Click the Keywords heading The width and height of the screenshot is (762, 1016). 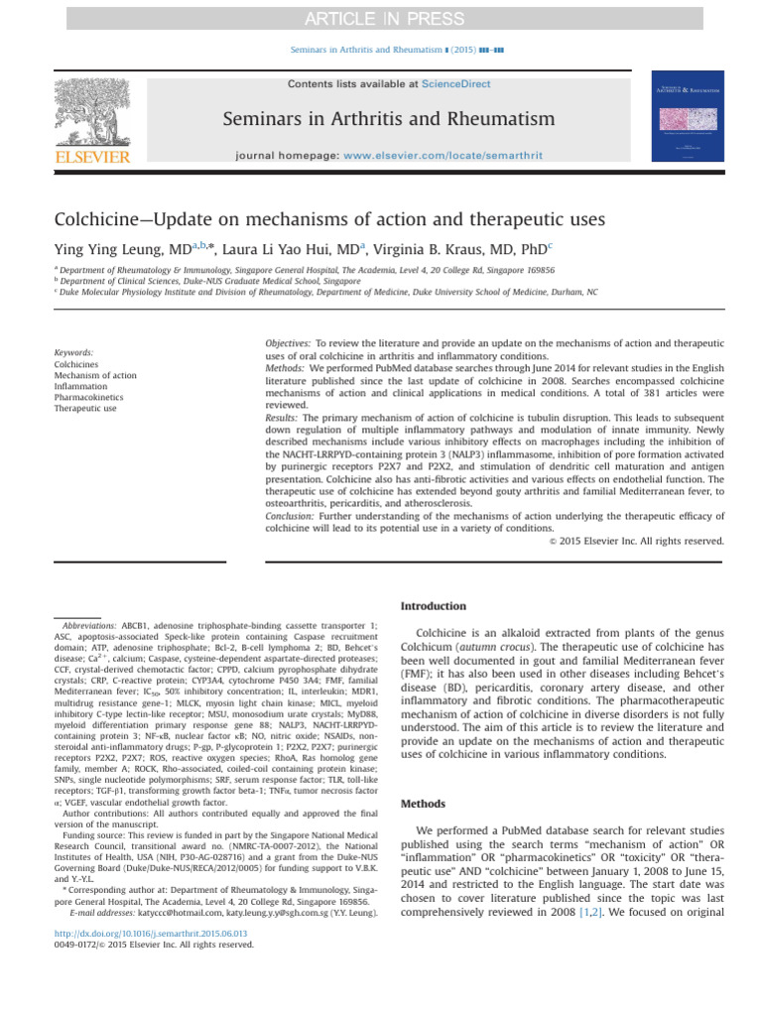[x=74, y=352]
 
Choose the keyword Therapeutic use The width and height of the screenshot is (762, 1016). [x=84, y=409]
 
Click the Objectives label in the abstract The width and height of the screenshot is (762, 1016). [x=289, y=342]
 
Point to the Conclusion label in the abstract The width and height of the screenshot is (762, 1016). [x=292, y=516]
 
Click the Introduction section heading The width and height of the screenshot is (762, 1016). [x=432, y=605]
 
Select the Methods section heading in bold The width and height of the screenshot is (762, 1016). [x=422, y=804]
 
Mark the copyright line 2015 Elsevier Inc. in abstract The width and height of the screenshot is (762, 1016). [x=636, y=541]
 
